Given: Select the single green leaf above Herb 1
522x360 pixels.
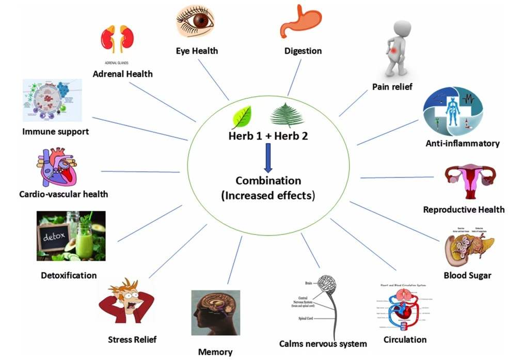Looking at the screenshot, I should click(242, 117).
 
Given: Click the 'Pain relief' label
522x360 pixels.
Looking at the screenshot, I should click(392, 87).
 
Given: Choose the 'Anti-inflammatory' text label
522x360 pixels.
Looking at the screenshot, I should click(463, 143).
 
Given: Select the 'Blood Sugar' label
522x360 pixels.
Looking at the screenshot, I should click(467, 275).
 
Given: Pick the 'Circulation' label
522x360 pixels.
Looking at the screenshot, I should click(405, 339).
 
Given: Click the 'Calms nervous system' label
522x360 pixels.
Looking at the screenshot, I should click(323, 343).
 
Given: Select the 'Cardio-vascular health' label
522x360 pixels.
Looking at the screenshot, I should click(63, 194).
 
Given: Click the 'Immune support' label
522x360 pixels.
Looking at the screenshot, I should click(55, 131).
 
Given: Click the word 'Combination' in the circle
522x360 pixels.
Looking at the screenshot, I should click(268, 181).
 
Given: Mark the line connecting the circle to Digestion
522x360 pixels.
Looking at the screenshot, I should click(294, 77).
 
